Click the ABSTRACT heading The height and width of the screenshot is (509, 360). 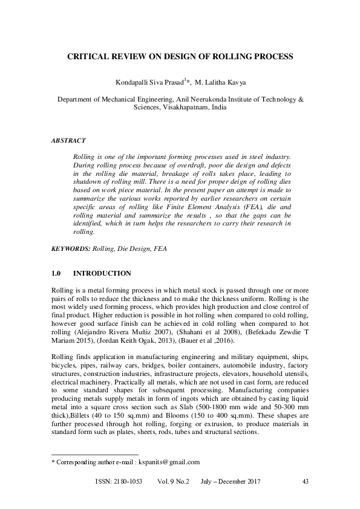[x=68, y=140]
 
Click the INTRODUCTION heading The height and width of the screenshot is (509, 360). [x=106, y=273]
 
